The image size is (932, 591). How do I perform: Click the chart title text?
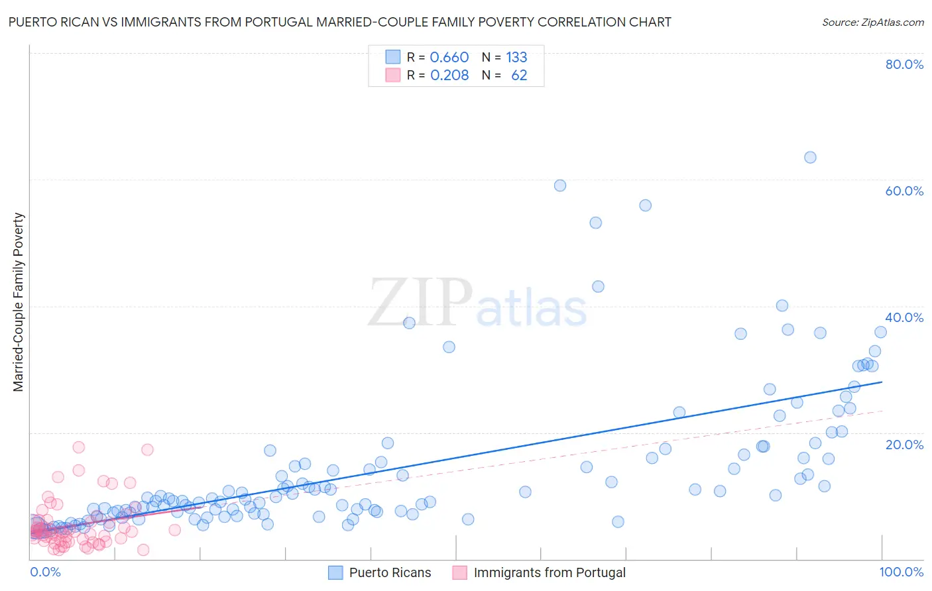pyautogui.click(x=339, y=22)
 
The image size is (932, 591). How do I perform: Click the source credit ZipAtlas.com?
pyautogui.click(x=872, y=22)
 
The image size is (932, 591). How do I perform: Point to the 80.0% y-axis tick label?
pyautogui.click(x=904, y=64)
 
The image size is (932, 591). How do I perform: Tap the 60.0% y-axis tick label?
pyautogui.click(x=904, y=191)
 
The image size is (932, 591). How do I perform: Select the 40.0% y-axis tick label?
pyautogui.click(x=904, y=317)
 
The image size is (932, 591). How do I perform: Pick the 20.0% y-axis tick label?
pyautogui.click(x=904, y=444)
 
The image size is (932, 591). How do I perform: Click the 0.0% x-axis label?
pyautogui.click(x=45, y=572)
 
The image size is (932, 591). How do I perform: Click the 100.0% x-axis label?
pyautogui.click(x=901, y=572)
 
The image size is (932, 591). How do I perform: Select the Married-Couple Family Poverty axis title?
pyautogui.click(x=19, y=301)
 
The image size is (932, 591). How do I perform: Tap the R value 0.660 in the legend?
pyautogui.click(x=449, y=57)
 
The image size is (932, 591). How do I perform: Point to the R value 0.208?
pyautogui.click(x=449, y=76)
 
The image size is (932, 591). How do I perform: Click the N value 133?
pyautogui.click(x=516, y=57)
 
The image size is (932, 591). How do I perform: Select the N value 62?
pyautogui.click(x=519, y=76)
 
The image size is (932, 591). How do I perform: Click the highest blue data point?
pyautogui.click(x=810, y=157)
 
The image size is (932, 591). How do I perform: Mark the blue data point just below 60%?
pyautogui.click(x=560, y=186)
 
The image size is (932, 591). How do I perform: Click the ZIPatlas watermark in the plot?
pyautogui.click(x=477, y=303)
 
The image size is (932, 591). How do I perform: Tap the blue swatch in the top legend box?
pyautogui.click(x=393, y=57)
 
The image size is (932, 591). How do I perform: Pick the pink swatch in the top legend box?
pyautogui.click(x=393, y=76)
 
